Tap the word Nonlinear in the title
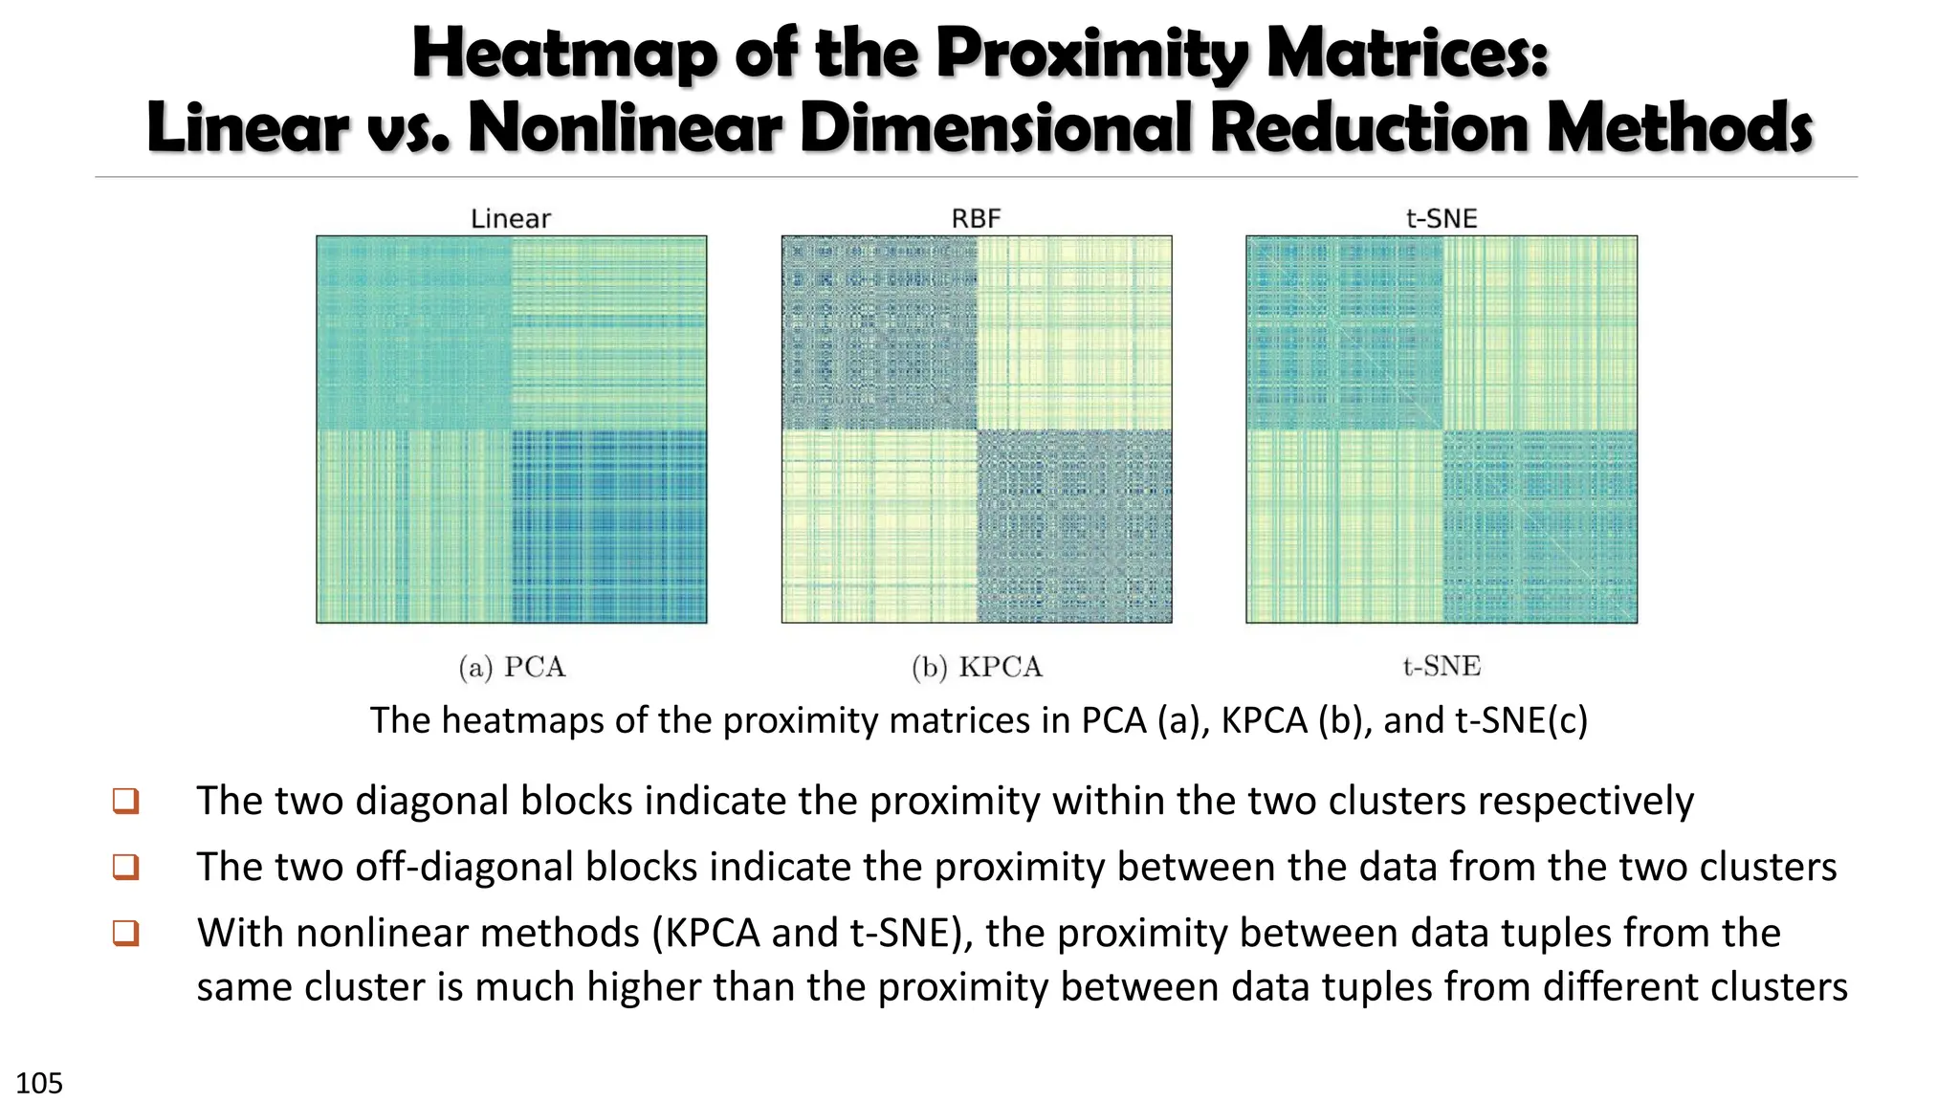[x=626, y=128]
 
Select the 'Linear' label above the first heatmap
[x=511, y=219]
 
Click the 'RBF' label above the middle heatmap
[x=976, y=219]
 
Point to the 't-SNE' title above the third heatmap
[x=1442, y=219]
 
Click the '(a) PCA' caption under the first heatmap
[x=512, y=667]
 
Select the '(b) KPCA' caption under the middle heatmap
[x=977, y=667]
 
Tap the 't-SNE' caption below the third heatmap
[x=1442, y=666]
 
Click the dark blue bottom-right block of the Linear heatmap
[x=609, y=526]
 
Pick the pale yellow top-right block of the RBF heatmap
[x=1074, y=333]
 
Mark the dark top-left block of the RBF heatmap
[x=879, y=333]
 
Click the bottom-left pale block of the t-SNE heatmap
[x=1344, y=526]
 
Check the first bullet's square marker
[x=126, y=801]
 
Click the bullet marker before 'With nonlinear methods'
[x=126, y=933]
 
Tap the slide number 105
[x=39, y=1083]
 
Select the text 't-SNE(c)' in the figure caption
[x=1521, y=720]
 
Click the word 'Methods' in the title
[x=1679, y=128]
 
